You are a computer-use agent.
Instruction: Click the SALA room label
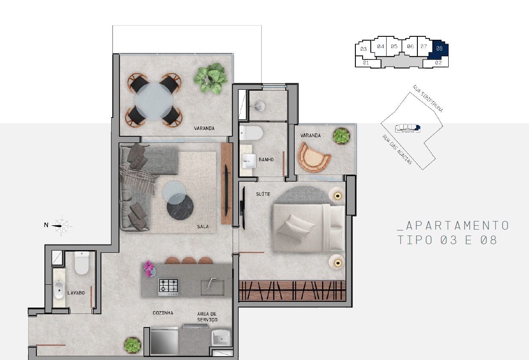pos(203,227)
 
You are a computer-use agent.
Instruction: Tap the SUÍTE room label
pos(263,194)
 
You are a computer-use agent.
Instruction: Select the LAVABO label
pos(76,293)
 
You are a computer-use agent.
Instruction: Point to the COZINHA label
pos(163,313)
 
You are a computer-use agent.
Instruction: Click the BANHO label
pos(266,159)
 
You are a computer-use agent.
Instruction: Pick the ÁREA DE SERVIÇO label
pos(207,317)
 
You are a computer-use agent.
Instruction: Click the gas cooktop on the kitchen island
pos(168,287)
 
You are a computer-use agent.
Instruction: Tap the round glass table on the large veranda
pos(154,101)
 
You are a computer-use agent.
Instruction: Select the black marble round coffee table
pos(180,207)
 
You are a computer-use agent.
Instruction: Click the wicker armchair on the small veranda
pos(314,157)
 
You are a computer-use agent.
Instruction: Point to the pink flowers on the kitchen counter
pos(149,269)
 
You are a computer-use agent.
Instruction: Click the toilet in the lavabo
pos(82,263)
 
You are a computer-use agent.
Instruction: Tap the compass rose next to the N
pos(62,226)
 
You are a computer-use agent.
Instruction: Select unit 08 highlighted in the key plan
pos(439,49)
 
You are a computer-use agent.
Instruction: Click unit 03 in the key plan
pos(363,49)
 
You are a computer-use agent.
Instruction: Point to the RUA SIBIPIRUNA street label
pos(428,98)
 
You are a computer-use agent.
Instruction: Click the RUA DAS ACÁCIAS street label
pos(397,150)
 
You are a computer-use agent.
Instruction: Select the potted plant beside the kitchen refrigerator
pos(132,345)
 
